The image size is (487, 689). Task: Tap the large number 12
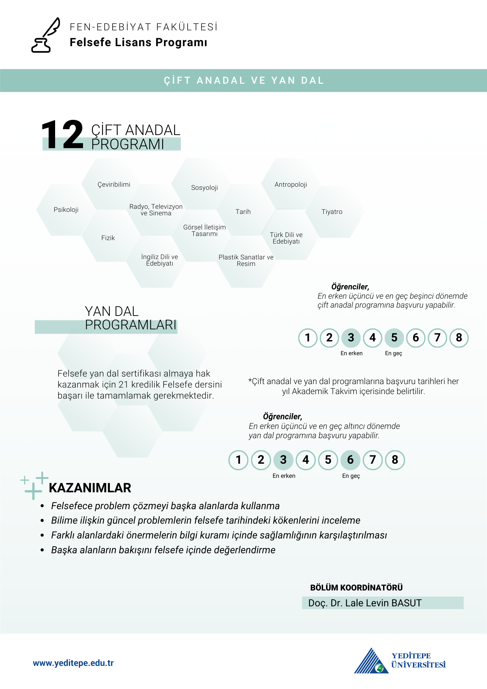point(62,135)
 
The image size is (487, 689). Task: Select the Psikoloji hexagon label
point(66,210)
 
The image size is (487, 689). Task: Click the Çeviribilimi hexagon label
point(114,185)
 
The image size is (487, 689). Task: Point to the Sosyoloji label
point(205,188)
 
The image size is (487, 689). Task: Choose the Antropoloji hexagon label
point(291,185)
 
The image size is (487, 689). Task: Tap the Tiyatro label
point(332,212)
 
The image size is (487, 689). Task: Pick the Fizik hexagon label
point(108,238)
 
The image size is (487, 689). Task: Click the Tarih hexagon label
point(243,212)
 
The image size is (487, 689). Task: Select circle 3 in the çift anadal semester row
point(351,338)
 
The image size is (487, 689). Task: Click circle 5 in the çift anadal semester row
point(394,338)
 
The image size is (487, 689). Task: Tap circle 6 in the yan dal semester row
point(350,460)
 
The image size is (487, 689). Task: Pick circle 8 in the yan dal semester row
point(395,460)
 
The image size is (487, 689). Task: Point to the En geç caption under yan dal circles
point(351,476)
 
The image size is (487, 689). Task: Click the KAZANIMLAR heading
point(90,488)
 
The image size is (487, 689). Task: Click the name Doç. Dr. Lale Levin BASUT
point(365,603)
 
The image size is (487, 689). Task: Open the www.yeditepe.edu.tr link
point(73,663)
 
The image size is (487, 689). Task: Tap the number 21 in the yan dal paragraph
point(123,385)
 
